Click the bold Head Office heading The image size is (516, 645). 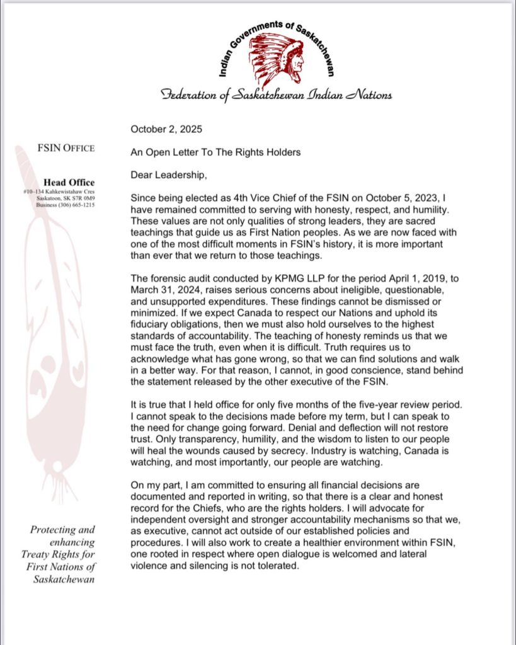click(x=69, y=183)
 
